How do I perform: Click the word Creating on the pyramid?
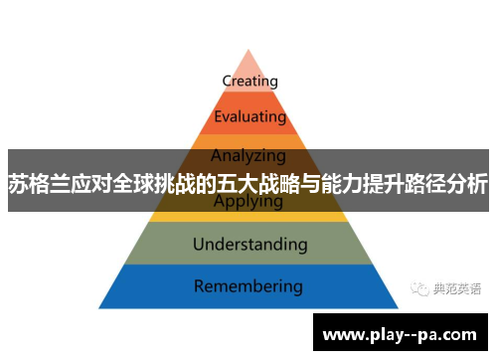click(249, 81)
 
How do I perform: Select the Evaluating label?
click(248, 117)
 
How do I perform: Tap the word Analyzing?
click(248, 155)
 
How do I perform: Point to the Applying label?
click(248, 201)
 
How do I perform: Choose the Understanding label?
click(249, 244)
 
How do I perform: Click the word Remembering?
click(248, 286)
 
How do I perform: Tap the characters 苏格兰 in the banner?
click(35, 183)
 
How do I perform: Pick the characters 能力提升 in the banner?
click(373, 183)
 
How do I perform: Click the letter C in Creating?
click(225, 81)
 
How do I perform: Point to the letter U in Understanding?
click(197, 244)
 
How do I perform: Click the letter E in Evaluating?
click(217, 117)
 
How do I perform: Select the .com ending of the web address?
click(462, 334)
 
